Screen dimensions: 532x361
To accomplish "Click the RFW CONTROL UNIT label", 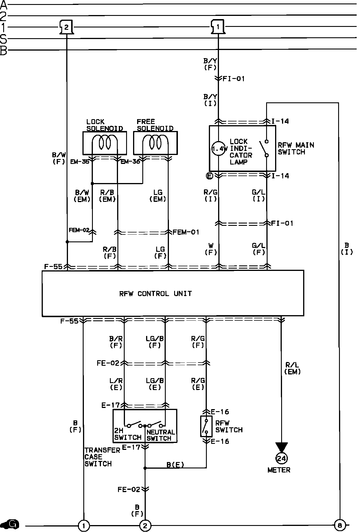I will pos(155,294).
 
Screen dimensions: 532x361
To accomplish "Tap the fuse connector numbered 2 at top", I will pos(66,27).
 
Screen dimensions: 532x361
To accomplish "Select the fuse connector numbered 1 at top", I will pos(218,27).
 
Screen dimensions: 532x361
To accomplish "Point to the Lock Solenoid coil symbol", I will pos(105,143).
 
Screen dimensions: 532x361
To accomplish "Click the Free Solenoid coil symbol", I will pos(155,143).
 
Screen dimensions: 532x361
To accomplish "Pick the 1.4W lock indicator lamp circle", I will pos(218,149).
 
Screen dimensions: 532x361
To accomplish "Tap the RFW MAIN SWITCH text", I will pos(296,148).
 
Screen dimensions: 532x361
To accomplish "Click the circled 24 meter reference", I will pos(281,458).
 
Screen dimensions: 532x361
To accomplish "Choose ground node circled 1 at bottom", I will pos(84,525).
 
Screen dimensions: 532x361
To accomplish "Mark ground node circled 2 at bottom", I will pos(145,525).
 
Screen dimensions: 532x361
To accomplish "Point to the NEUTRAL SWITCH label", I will pos(161,435).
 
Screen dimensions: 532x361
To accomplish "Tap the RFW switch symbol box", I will pos(206,426).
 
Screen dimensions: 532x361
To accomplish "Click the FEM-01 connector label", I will pos(186,232).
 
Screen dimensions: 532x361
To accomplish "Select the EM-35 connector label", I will pos(80,162).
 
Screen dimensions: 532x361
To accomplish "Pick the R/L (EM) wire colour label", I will pos(292,368).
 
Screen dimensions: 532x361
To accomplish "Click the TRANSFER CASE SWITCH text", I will pos(98,457).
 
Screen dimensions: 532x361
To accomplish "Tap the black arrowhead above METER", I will pos(281,447).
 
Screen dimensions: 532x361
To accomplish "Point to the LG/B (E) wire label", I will pos(155,384).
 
